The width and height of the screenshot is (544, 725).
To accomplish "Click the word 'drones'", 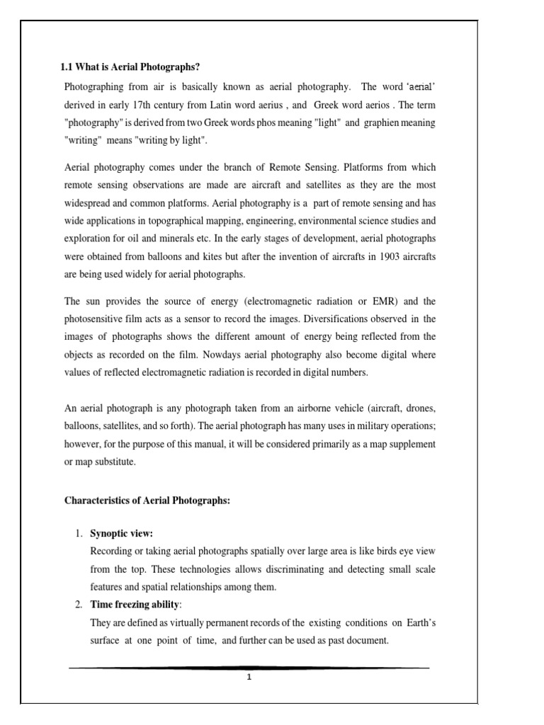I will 419,410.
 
